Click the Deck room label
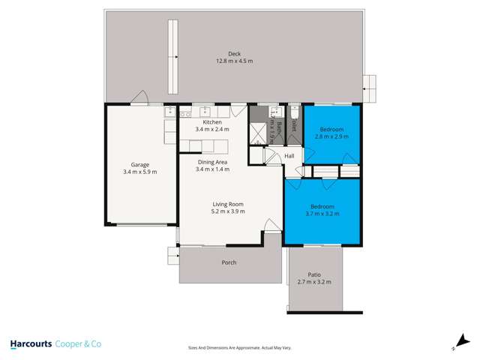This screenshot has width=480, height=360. point(234,53)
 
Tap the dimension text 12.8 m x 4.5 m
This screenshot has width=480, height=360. point(234,61)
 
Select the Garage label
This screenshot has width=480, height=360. point(140,164)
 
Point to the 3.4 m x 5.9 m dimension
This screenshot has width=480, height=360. point(140,172)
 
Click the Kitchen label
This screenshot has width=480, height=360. point(213,121)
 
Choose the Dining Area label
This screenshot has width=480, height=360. point(212,161)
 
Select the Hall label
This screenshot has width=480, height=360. point(289,156)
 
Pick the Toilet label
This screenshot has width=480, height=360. point(295,124)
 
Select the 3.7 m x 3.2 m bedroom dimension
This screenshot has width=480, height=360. point(322,214)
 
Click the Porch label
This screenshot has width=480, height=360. point(229,262)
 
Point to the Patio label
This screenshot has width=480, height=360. point(316,274)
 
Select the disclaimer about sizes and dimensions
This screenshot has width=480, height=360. point(239,347)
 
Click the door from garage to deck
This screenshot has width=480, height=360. point(139,99)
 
